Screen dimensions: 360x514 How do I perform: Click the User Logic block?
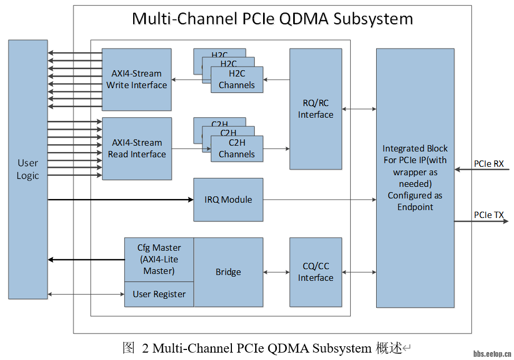point(27,169)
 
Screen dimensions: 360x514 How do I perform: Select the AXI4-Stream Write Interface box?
point(136,79)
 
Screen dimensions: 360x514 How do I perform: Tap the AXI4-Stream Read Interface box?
point(136,148)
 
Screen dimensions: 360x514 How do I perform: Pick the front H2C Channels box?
point(237,80)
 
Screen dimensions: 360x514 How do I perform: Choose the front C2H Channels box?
point(237,149)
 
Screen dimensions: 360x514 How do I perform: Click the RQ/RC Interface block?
point(315,109)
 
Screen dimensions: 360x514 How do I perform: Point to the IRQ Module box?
point(228,200)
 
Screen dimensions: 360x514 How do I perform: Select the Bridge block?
point(228,272)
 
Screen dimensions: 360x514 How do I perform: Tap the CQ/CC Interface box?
point(315,272)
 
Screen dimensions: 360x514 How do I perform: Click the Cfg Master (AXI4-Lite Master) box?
point(159,259)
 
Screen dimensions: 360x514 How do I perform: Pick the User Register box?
point(159,294)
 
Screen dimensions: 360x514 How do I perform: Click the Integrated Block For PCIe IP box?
point(415,177)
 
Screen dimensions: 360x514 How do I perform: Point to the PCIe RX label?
point(489,164)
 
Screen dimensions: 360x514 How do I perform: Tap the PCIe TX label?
point(489,215)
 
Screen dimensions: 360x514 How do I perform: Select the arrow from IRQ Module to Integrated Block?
point(319,200)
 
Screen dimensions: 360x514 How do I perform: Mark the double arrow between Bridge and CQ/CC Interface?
point(276,272)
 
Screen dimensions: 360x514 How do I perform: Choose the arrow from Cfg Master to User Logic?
point(86,259)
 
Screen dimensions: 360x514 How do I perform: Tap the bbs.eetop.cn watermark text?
point(492,354)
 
